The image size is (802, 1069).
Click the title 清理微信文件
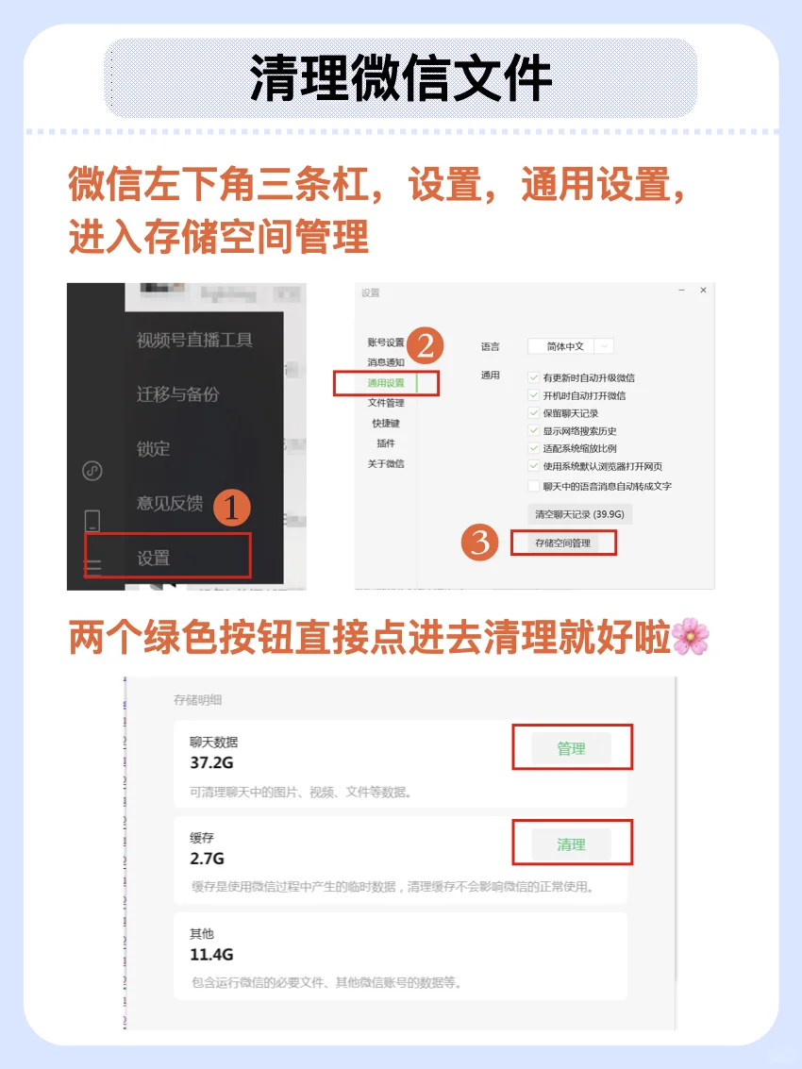coord(400,78)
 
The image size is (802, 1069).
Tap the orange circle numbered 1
coord(231,508)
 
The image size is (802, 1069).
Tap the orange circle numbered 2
coord(425,346)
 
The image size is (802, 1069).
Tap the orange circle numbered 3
coord(479,543)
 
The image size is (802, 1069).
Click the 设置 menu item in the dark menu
coord(154,558)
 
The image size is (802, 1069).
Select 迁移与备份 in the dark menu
coord(177,394)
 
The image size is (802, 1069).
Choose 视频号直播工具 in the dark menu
coord(194,341)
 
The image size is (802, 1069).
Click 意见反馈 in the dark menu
coord(170,503)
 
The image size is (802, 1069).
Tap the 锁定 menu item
coord(154,449)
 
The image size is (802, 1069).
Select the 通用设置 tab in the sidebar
coord(386,383)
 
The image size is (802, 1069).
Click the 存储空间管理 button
coord(562,543)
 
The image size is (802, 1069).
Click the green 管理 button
coord(571,748)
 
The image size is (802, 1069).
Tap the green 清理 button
coord(571,844)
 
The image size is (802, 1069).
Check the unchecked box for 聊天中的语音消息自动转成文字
coord(534,486)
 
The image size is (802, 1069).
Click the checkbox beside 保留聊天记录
coord(534,413)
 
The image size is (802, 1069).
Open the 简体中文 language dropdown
coord(570,346)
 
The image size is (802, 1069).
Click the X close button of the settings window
coord(703,292)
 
